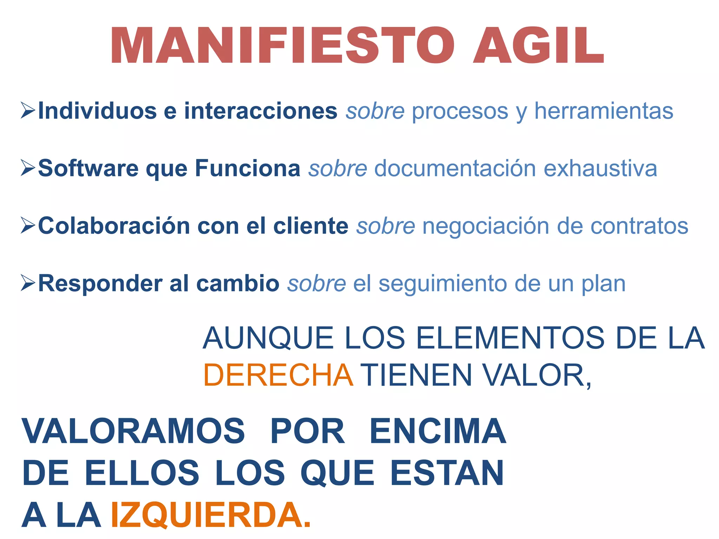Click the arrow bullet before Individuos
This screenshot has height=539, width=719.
click(x=28, y=111)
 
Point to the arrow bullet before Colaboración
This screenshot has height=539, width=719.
click(x=28, y=225)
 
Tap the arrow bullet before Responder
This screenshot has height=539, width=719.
click(x=28, y=283)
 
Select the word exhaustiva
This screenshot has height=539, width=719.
click(x=600, y=168)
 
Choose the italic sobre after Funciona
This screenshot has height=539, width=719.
click(x=338, y=168)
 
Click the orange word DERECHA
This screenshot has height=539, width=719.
click(x=278, y=375)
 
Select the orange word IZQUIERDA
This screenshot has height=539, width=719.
click(x=210, y=515)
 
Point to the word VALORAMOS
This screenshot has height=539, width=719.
click(x=133, y=431)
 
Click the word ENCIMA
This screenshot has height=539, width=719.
click(x=437, y=431)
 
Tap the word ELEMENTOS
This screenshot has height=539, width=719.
click(x=510, y=338)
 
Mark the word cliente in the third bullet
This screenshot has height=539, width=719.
click(x=311, y=226)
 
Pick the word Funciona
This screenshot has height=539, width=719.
click(x=248, y=168)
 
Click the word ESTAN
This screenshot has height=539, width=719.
click(x=447, y=473)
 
